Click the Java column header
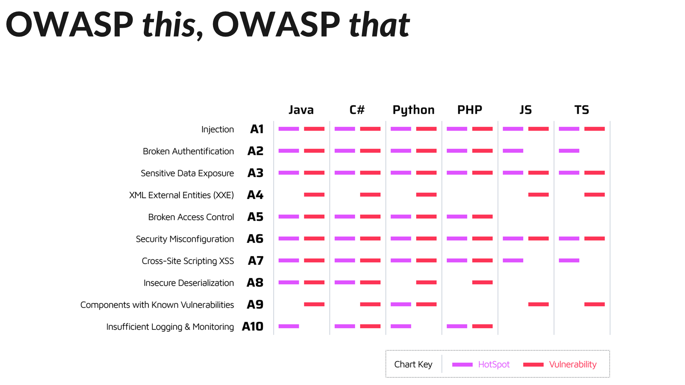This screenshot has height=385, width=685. click(301, 110)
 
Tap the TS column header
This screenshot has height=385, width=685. click(582, 110)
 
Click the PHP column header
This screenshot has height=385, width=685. click(470, 110)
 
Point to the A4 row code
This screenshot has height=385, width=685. click(255, 195)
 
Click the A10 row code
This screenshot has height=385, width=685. click(253, 326)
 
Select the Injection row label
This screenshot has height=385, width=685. click(217, 129)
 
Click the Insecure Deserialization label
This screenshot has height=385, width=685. click(189, 283)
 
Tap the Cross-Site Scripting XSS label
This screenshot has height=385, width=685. click(188, 261)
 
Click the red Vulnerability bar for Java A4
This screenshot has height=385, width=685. click(314, 195)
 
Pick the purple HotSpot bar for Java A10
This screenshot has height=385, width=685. click(289, 326)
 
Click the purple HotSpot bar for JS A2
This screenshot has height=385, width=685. click(513, 151)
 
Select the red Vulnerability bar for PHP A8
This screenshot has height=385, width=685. click(482, 282)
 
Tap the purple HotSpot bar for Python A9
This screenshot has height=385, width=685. click(401, 304)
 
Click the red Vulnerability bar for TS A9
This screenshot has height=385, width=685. click(594, 304)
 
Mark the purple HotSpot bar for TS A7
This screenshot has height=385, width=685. click(569, 260)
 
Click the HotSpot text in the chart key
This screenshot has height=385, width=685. click(494, 364)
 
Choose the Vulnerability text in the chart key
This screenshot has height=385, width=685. click(573, 364)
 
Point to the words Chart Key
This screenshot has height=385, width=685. click(413, 364)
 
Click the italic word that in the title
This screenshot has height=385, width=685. click(379, 25)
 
